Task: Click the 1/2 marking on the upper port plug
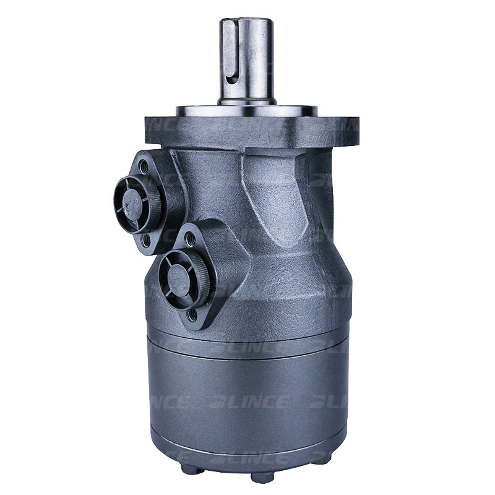[129, 200]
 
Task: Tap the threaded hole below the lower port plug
[192, 315]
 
